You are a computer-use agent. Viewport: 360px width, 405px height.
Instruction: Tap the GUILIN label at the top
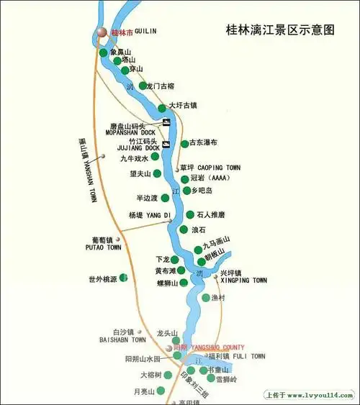coord(145,32)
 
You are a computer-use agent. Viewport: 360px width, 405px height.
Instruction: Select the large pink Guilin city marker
coord(102,32)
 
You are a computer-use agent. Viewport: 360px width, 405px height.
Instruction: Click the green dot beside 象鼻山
coord(104,53)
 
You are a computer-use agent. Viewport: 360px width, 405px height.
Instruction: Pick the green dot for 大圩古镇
coord(163,107)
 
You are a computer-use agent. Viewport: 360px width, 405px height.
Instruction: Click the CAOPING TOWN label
coord(219,168)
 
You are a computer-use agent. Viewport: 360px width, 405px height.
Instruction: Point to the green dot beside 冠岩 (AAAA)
coord(185,178)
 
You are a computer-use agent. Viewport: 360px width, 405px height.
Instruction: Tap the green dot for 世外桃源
coord(123,276)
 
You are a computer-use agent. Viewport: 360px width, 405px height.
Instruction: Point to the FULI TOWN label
coord(248,356)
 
